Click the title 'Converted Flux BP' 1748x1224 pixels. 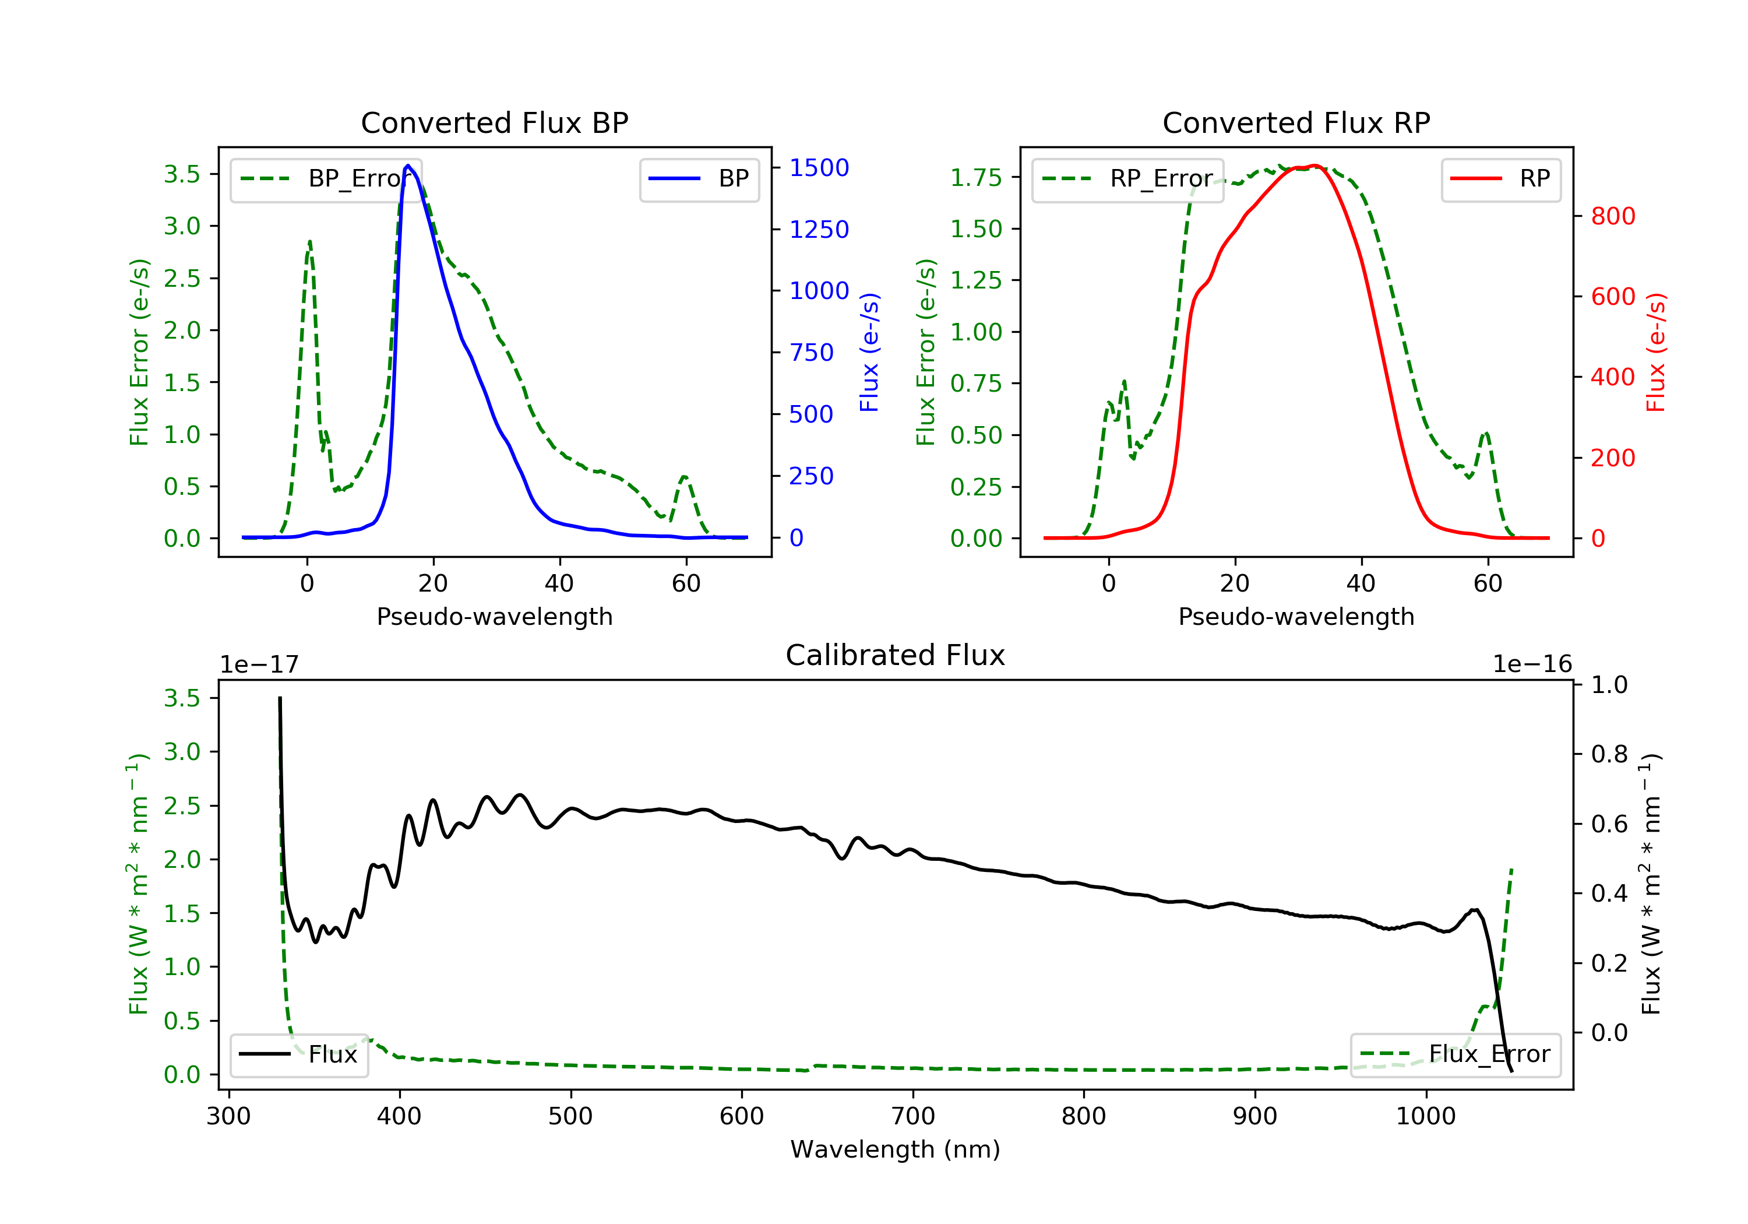(x=494, y=122)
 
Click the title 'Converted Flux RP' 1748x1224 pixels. (x=1296, y=122)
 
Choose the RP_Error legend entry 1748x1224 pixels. (x=1127, y=179)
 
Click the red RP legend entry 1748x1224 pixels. (x=1500, y=179)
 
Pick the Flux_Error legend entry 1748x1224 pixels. (x=1454, y=1054)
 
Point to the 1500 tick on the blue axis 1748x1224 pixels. (x=819, y=167)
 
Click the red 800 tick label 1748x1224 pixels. (x=1612, y=216)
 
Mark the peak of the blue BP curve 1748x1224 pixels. (x=408, y=166)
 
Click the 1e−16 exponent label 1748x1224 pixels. (x=1532, y=664)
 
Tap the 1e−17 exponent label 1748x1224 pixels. (x=259, y=664)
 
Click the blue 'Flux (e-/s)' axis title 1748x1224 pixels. (x=869, y=352)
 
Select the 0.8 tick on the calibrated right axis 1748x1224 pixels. (x=1609, y=754)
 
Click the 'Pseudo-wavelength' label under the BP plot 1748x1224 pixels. (x=494, y=616)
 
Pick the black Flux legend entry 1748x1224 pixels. (x=298, y=1054)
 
